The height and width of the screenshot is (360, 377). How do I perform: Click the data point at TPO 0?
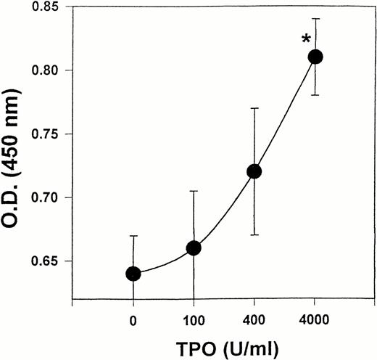click(133, 274)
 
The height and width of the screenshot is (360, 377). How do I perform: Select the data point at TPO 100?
click(194, 248)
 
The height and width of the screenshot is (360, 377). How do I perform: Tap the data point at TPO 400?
click(254, 171)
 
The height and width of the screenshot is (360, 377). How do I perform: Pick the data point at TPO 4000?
click(315, 57)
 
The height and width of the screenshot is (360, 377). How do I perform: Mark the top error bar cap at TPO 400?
click(254, 108)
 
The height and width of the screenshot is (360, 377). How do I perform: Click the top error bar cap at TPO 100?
click(194, 191)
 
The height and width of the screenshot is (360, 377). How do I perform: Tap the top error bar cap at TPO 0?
click(133, 236)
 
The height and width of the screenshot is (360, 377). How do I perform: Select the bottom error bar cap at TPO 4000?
click(315, 95)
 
